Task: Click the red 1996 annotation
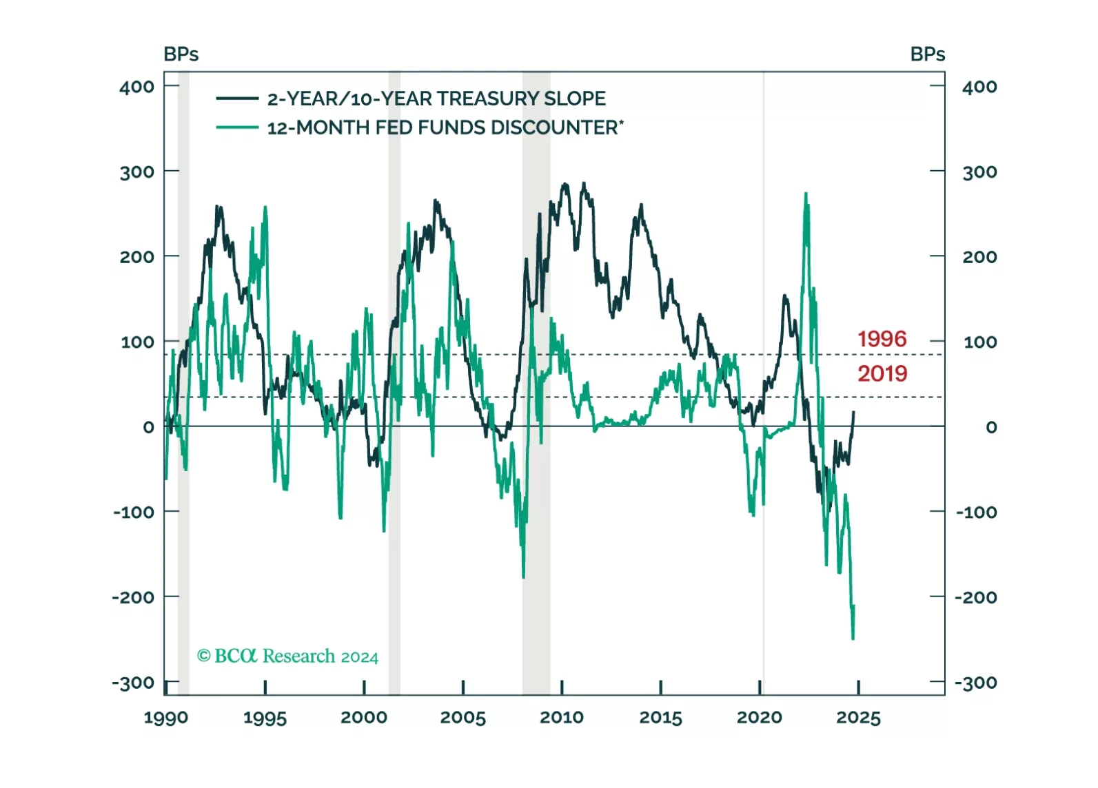point(882,339)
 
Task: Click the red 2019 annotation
point(882,373)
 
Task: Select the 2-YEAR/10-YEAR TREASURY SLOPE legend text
point(436,98)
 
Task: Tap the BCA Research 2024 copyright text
point(287,656)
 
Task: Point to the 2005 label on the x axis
point(462,718)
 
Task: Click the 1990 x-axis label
point(165,718)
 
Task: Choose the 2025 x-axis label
point(858,718)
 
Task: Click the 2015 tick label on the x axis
point(660,718)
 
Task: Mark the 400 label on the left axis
point(136,87)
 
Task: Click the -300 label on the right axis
point(975,683)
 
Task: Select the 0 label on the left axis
point(148,427)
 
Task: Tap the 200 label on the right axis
point(979,257)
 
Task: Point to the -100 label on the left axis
point(134,512)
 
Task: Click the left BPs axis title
point(181,54)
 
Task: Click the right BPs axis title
point(927,54)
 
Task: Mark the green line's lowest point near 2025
point(853,639)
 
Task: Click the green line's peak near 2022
point(806,194)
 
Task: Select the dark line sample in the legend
point(237,98)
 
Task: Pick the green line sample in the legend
point(237,127)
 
